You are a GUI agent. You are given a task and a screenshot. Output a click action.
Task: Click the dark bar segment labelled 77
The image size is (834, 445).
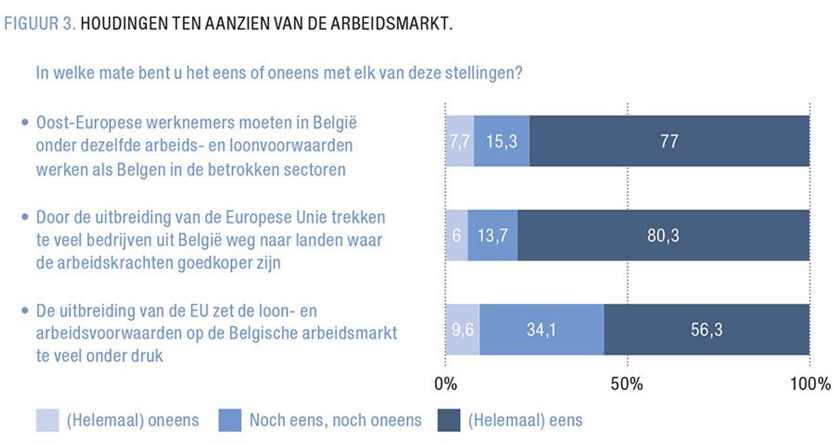pos(669,141)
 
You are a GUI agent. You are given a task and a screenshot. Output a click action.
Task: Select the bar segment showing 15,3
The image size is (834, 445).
pos(501,141)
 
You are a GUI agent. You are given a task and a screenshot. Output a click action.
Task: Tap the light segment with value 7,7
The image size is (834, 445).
pos(459,141)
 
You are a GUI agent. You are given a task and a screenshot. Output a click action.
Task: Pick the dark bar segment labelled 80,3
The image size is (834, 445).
pos(663,235)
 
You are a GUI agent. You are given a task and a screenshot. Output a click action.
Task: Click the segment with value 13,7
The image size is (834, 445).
pos(493,235)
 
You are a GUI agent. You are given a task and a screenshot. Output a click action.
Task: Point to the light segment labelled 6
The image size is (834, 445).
pos(457,235)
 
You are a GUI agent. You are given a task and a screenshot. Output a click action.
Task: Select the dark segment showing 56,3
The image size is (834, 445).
pos(707,330)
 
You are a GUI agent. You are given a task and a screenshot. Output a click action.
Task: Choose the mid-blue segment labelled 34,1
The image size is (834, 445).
pos(541,330)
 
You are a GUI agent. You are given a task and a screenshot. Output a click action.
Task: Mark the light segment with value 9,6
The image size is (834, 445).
pos(462,330)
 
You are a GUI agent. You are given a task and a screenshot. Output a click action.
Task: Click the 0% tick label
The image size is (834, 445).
pos(445,383)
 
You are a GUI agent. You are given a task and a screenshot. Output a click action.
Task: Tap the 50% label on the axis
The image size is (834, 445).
pos(627,383)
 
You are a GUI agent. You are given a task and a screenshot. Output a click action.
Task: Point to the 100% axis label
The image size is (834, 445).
pos(809,383)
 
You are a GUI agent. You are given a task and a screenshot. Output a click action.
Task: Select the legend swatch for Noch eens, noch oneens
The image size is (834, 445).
pos(230,419)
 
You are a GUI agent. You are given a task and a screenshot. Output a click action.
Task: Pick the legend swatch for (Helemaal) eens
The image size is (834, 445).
pos(449,419)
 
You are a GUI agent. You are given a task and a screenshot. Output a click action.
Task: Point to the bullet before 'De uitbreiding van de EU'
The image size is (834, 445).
pos(25,311)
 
